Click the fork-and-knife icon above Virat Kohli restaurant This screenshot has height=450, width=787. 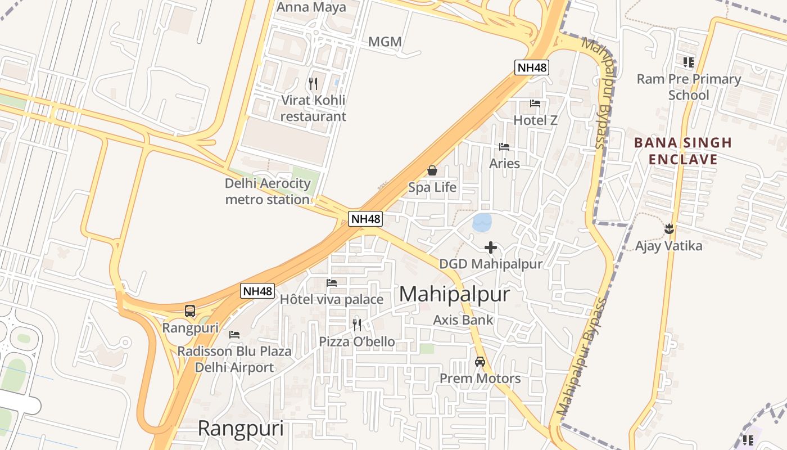313,84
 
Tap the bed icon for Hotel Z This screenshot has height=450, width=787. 535,103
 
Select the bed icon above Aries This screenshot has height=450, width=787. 504,147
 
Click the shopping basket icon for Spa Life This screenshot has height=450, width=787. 432,170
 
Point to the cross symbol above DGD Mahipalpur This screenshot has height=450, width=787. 491,247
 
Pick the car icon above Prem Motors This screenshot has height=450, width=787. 480,362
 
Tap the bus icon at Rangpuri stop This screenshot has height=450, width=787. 190,311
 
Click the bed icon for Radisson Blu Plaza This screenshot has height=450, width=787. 234,334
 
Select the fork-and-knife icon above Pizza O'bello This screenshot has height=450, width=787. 357,325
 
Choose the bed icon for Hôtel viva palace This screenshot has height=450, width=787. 332,282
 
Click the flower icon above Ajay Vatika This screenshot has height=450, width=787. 669,228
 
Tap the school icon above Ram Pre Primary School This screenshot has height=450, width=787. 689,62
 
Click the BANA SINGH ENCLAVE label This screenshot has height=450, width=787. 683,151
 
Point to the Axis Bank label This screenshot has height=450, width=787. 463,320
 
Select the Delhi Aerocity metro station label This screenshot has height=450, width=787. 268,191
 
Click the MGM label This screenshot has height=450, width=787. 385,42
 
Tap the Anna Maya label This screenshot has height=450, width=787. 311,7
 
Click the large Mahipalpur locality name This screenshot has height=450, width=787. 454,294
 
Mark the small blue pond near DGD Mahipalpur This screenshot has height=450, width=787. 482,222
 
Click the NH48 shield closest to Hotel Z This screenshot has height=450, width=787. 531,68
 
